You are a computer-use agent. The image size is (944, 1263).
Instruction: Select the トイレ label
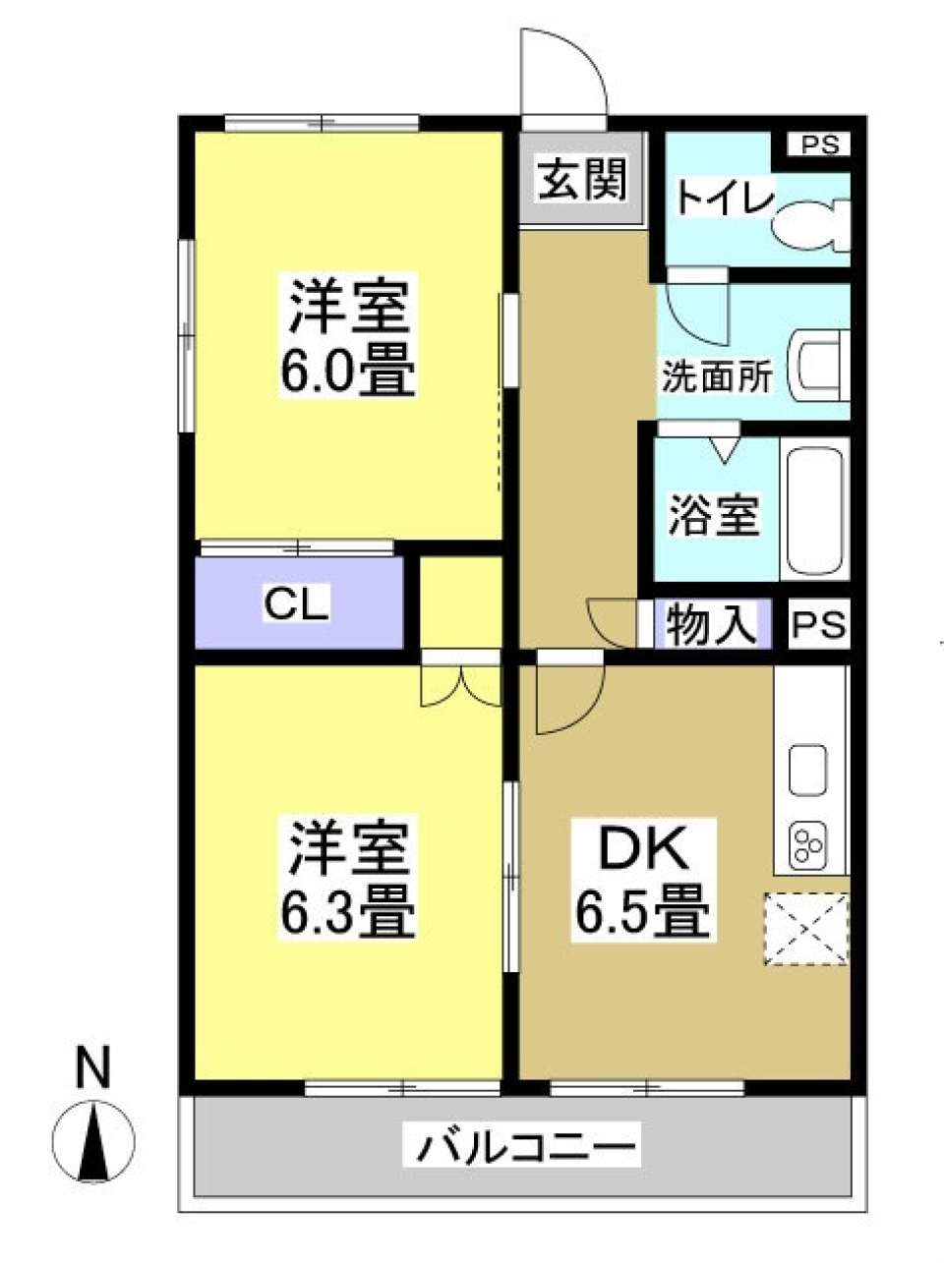coord(724,199)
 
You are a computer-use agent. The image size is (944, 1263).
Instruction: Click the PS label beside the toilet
coord(818,144)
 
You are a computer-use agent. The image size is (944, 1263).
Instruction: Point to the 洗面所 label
coord(717,376)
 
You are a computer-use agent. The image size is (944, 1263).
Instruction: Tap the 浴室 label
coord(714,516)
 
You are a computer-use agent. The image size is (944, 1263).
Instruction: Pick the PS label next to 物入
coord(819,625)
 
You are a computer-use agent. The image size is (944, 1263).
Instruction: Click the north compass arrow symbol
coord(92,1141)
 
